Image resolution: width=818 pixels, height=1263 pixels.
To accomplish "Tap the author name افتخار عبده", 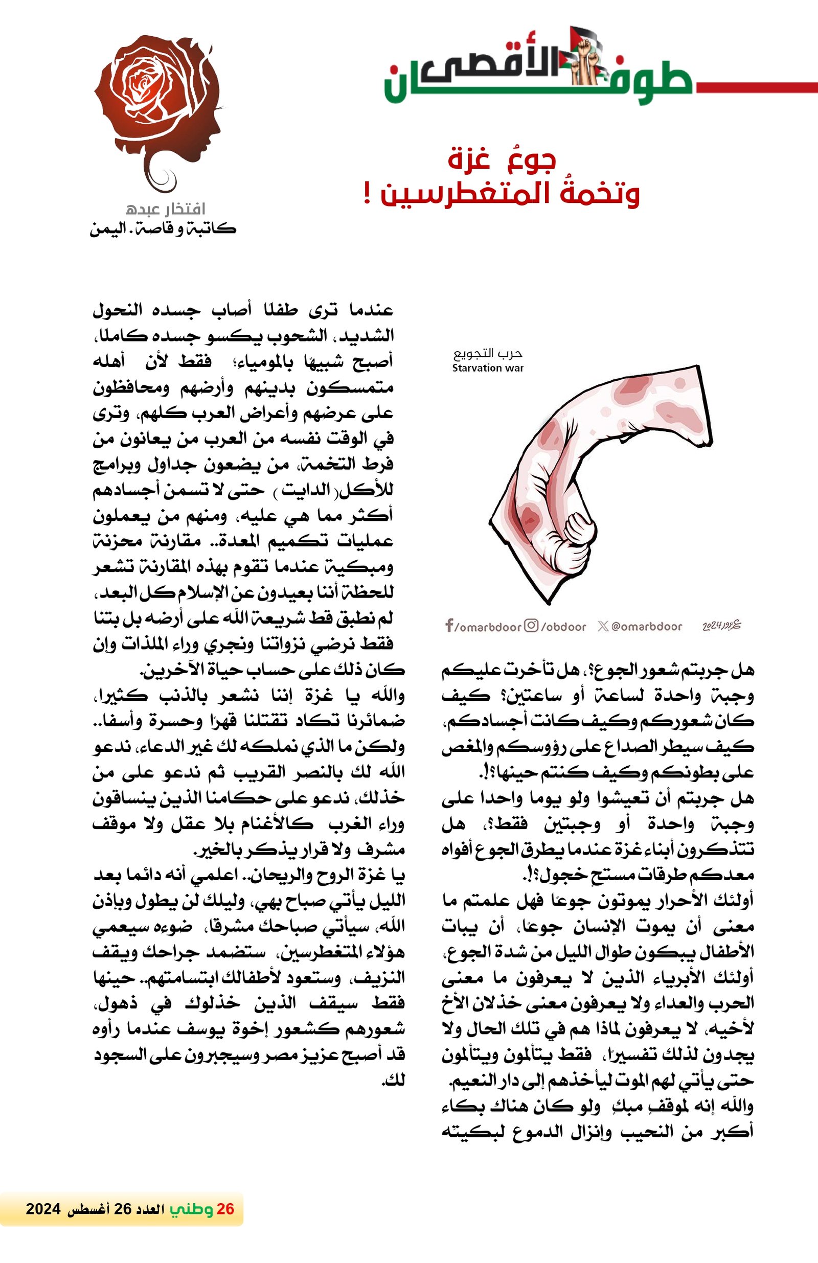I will coord(165,209).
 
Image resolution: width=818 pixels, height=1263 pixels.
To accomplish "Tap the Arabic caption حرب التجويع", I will coord(488,353).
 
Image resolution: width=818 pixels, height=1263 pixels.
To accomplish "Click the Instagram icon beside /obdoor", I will coord(531,626).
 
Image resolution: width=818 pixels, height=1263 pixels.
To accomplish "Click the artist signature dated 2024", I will coord(721,626).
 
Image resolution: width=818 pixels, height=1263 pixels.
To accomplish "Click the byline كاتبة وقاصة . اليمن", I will coord(163,230).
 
